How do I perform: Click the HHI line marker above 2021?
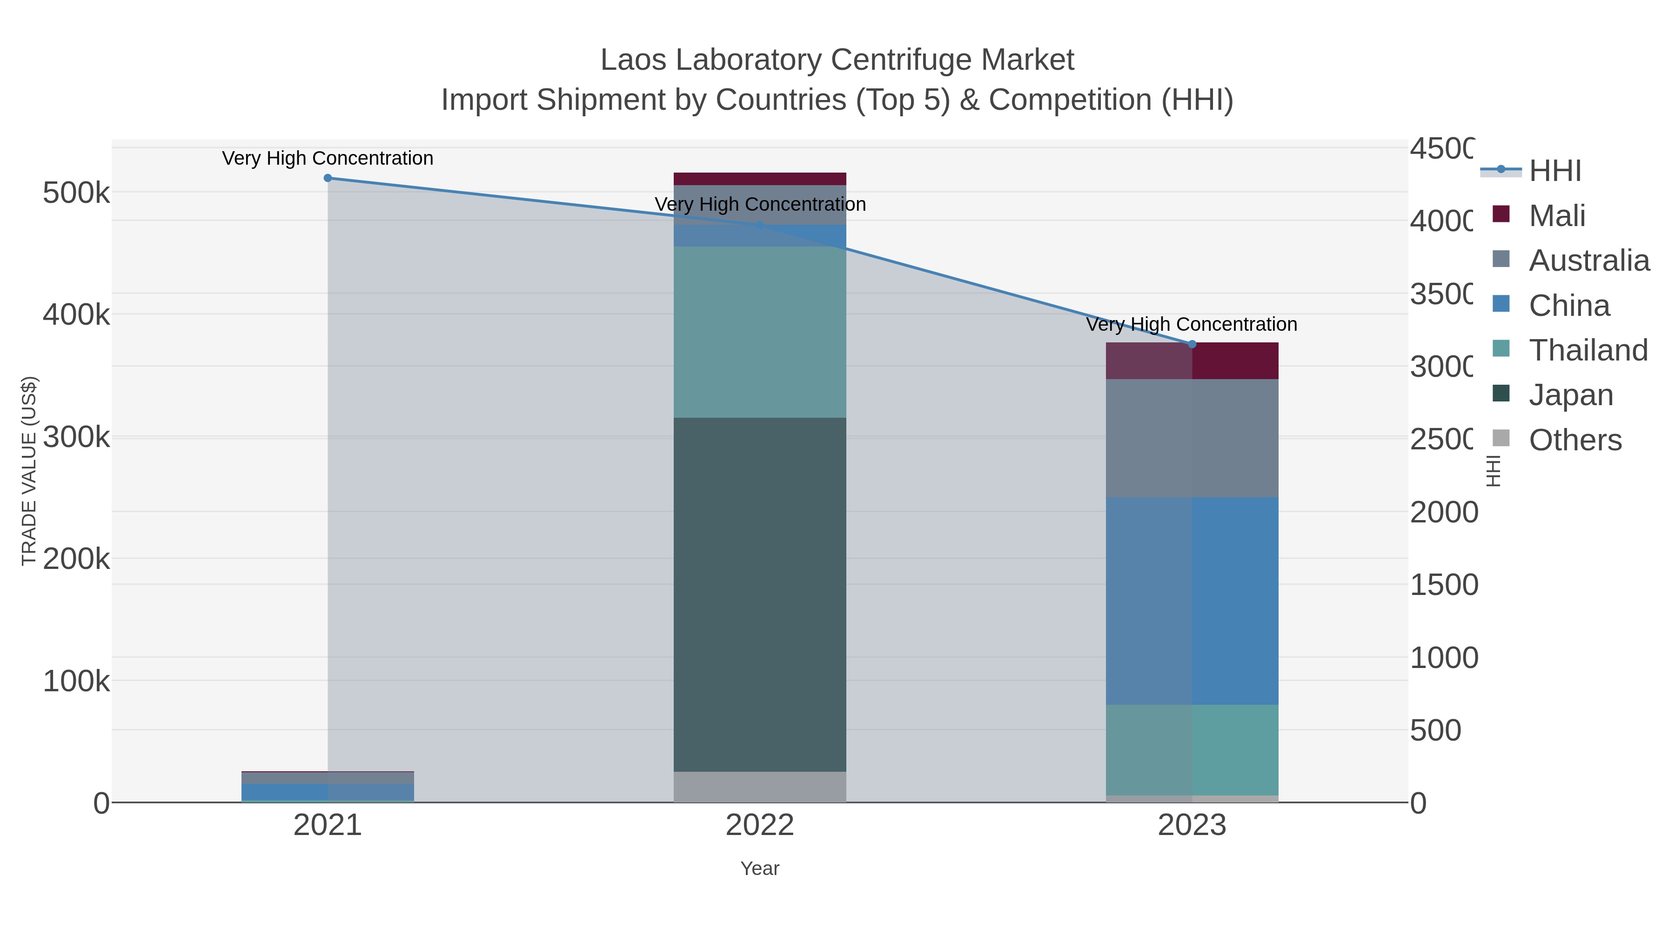point(328,178)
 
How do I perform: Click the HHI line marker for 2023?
point(1192,344)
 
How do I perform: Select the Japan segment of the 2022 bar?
point(759,595)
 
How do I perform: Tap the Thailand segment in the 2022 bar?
point(759,332)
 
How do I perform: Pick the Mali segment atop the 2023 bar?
point(1192,361)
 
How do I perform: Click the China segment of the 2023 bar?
point(1192,601)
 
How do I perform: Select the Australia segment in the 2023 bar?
point(1192,439)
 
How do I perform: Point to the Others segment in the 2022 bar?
point(759,787)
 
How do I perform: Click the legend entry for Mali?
point(1557,216)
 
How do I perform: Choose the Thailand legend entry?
point(1588,350)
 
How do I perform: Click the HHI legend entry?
point(1554,171)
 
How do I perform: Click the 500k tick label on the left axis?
point(76,193)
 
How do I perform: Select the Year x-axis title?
point(759,869)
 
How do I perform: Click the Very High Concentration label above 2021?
point(328,158)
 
